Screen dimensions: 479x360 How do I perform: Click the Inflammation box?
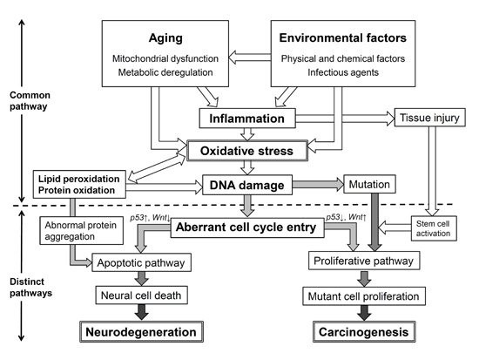point(247,118)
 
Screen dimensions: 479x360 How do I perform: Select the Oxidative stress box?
point(247,151)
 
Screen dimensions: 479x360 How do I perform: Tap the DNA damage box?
point(247,185)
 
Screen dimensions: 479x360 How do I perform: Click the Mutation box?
point(369,184)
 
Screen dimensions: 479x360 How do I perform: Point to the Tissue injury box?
point(430,117)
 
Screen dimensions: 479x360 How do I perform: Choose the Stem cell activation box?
point(434,228)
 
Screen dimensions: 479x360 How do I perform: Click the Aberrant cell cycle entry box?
point(247,228)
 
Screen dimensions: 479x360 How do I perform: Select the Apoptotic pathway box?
point(141,262)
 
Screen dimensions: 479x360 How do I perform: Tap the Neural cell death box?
point(141,295)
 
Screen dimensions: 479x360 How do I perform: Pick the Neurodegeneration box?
point(141,331)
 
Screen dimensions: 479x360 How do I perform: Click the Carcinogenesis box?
point(364,331)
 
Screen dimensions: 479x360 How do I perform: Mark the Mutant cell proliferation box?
point(364,296)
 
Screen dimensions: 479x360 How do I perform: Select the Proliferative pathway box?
point(364,261)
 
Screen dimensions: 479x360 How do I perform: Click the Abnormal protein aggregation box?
point(82,231)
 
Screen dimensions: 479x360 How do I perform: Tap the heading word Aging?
point(165,38)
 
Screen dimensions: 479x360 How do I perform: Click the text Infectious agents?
point(343,72)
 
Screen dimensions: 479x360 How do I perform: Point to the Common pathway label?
point(30,100)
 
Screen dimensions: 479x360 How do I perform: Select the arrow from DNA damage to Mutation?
point(318,185)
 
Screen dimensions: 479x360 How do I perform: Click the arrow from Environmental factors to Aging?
point(250,58)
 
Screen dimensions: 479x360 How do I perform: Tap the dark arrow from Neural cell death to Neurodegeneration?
point(142,312)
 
